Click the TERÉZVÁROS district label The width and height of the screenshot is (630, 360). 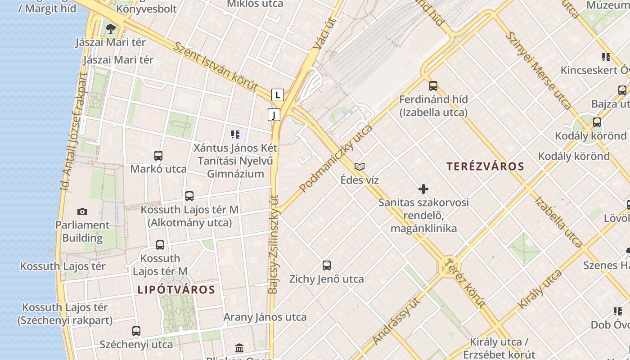tap(485, 166)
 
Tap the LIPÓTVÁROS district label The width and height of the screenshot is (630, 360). tap(176, 289)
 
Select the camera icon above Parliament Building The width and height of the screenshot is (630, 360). tap(82, 211)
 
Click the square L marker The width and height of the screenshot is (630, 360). tap(278, 95)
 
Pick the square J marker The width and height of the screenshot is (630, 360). tap(274, 115)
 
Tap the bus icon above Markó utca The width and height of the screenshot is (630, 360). tap(158, 156)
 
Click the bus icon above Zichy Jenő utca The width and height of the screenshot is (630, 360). tap(327, 265)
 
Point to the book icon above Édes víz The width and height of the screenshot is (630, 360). tap(359, 166)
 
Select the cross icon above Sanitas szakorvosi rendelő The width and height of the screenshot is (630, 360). tap(423, 189)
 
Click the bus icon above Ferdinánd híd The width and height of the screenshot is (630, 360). tap(433, 85)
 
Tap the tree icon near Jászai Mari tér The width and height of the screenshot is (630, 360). tap(110, 29)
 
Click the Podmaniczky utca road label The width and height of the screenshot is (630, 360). tap(336, 158)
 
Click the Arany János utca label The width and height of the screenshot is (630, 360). tap(265, 317)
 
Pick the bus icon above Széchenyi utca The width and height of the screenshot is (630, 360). tap(136, 331)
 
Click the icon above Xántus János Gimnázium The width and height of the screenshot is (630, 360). tap(235, 134)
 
